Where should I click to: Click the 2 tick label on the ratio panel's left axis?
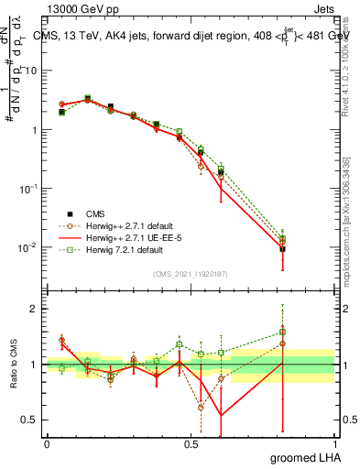pos(35,310)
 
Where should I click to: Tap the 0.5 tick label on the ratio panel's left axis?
pos(30,420)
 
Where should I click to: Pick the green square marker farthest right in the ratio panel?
pos(283,333)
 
